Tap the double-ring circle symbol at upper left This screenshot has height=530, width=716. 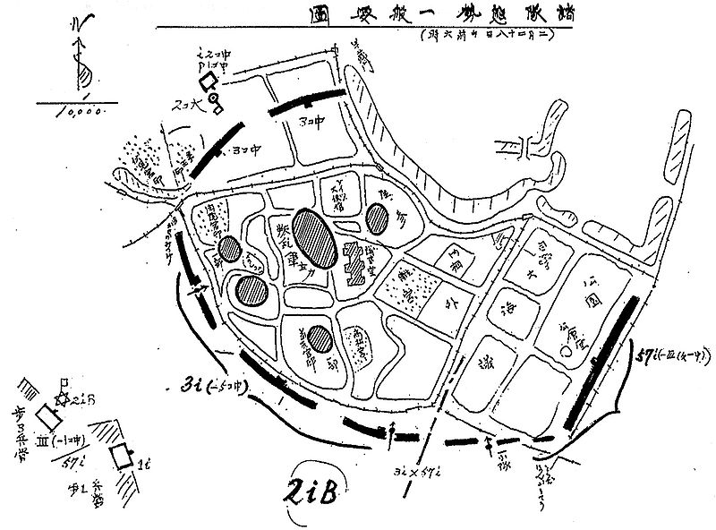click(215, 108)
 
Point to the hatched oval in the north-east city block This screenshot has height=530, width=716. click(377, 218)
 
